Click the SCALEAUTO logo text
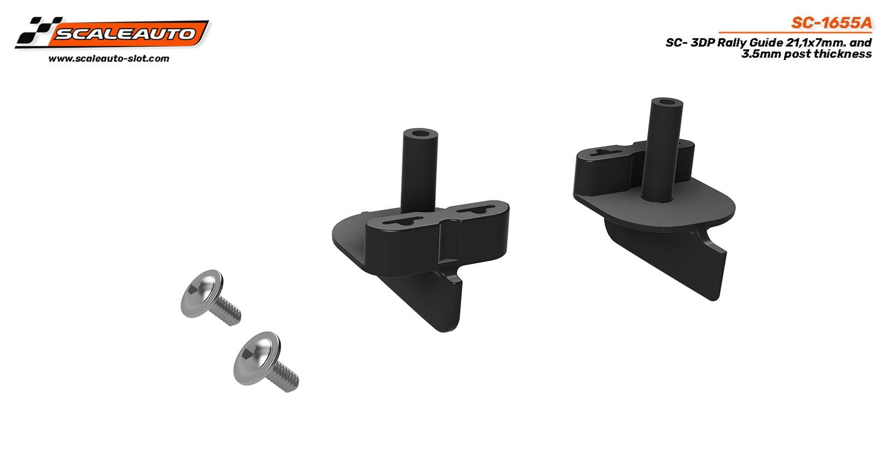[x=126, y=33]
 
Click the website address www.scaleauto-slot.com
[x=109, y=58]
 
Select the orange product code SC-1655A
[x=831, y=23]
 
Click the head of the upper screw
[x=201, y=293]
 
